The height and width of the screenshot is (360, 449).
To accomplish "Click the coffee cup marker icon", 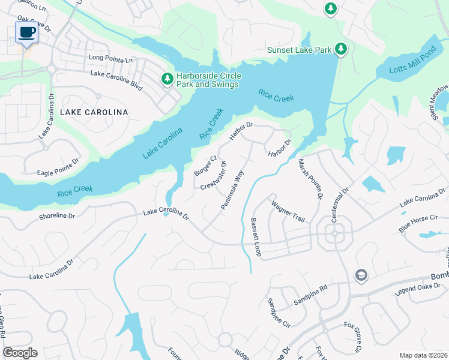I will (x=27, y=32).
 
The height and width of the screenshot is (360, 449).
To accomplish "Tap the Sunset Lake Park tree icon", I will (x=341, y=49).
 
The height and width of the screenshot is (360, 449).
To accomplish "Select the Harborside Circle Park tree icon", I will (x=167, y=79).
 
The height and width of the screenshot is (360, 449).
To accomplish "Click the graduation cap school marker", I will (x=361, y=275).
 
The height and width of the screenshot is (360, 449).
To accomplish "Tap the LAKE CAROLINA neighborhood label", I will (x=94, y=112).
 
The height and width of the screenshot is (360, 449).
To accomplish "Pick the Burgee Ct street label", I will (x=205, y=166).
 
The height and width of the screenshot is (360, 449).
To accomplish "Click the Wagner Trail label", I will (x=289, y=212).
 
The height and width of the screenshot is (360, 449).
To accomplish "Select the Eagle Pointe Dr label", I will (x=58, y=166).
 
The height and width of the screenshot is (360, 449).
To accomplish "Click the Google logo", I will (x=20, y=353).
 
